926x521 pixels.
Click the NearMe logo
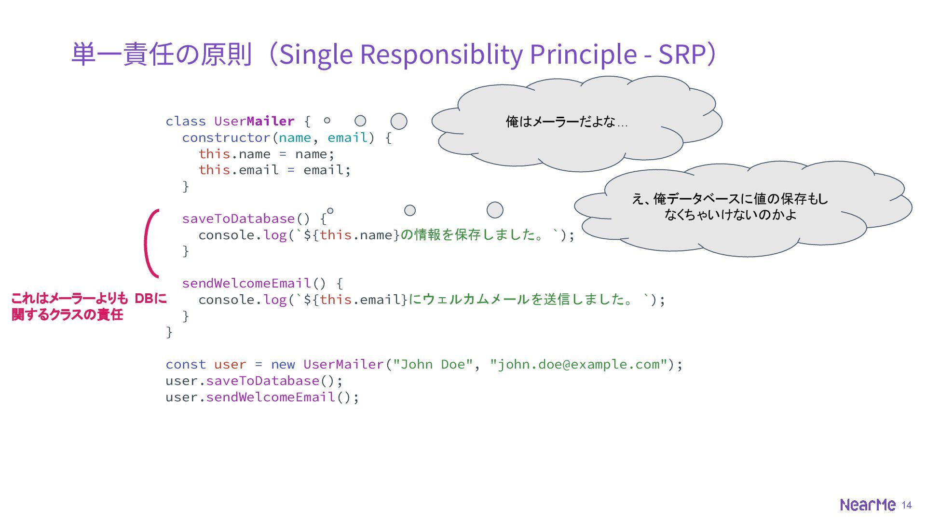(x=867, y=505)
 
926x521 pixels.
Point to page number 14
(x=907, y=505)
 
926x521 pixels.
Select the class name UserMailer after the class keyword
(x=254, y=121)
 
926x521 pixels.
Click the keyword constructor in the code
(x=226, y=137)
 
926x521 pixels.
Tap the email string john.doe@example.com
(x=578, y=364)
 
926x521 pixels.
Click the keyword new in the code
(x=283, y=364)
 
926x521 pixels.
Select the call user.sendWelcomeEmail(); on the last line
(x=262, y=397)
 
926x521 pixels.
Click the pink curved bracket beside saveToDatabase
(x=150, y=244)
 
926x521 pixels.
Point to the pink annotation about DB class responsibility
(x=89, y=306)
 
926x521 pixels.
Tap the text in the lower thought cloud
(x=730, y=206)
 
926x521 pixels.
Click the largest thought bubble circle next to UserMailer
(x=399, y=121)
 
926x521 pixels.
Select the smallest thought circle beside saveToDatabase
(x=330, y=211)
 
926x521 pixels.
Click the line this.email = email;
(x=274, y=170)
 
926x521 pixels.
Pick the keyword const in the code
(x=186, y=364)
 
